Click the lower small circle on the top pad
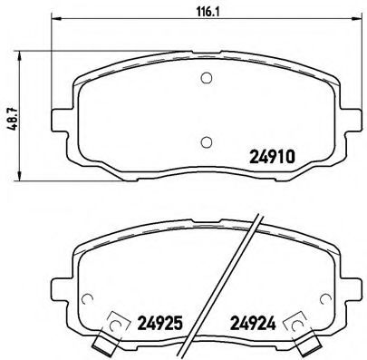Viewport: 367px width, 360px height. pos(206,140)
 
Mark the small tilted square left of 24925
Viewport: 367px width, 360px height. pos(116,322)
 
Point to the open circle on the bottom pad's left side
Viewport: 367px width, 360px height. pos(87,301)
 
